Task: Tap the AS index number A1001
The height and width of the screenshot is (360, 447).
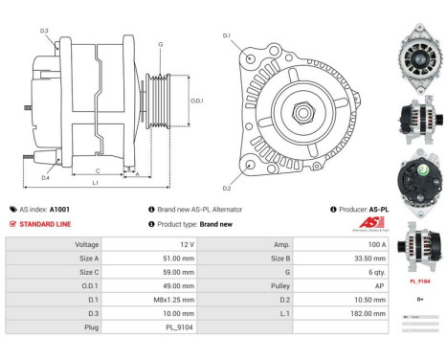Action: (59, 209)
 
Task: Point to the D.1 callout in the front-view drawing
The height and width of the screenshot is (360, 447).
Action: (228, 35)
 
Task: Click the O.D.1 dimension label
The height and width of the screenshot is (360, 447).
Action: (197, 100)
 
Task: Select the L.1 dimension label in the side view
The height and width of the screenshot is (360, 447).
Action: (95, 182)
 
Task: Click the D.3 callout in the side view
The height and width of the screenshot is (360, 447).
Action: (45, 31)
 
